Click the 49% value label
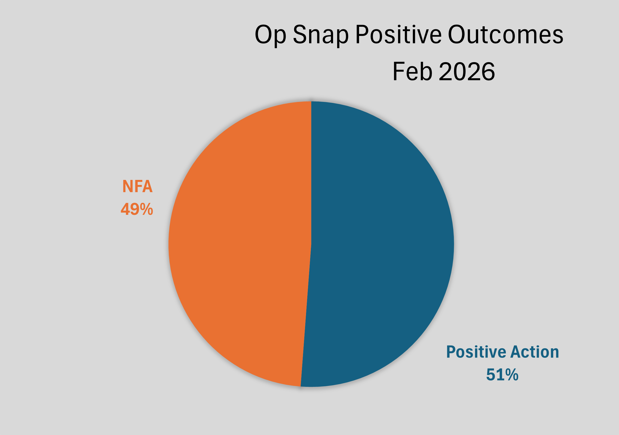pyautogui.click(x=137, y=209)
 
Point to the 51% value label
pyautogui.click(x=502, y=375)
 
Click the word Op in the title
pyautogui.click(x=270, y=35)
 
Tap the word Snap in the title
pyautogui.click(x=321, y=35)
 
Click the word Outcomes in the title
pyautogui.click(x=506, y=35)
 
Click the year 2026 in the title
pyautogui.click(x=467, y=72)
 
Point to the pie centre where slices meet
pyautogui.click(x=311, y=244)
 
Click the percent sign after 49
pyautogui.click(x=146, y=209)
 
